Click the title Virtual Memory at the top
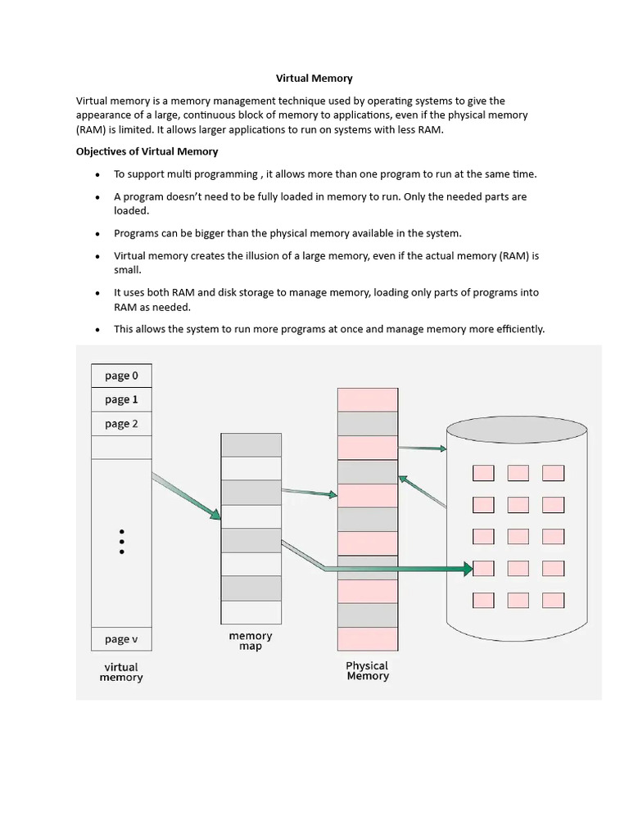point(314,79)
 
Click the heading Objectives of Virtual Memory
point(147,151)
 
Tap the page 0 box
point(120,376)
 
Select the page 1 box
point(120,399)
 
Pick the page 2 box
point(120,424)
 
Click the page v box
point(120,639)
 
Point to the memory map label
point(251,641)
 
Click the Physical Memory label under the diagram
point(367,671)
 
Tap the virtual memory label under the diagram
point(120,672)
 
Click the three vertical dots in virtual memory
point(121,541)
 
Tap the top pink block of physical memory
point(367,399)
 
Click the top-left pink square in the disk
point(483,472)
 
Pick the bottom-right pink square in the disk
point(554,600)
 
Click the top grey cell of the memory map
point(251,444)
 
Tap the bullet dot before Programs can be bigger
point(97,234)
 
